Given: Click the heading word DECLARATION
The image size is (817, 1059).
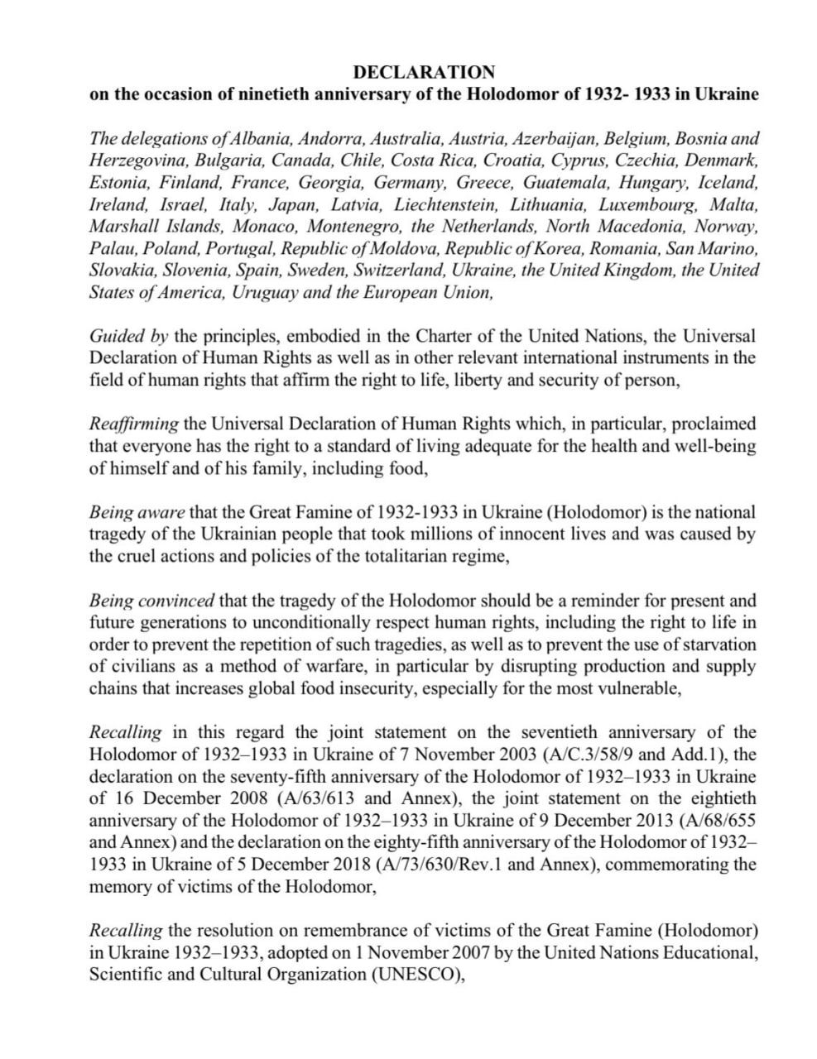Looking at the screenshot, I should [x=424, y=72].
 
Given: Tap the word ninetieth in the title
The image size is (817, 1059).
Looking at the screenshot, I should [x=275, y=93].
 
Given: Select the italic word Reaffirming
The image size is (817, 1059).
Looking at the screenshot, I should [x=133, y=424].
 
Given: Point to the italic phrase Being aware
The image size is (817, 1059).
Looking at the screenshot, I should [x=137, y=512].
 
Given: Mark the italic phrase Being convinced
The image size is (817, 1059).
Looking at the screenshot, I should [x=151, y=600].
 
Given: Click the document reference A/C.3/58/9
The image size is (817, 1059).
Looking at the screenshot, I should [x=591, y=755].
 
